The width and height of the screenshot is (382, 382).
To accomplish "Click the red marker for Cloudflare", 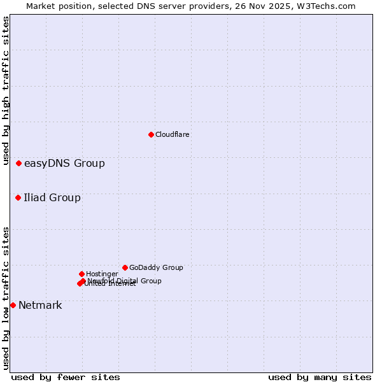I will coord(151,134).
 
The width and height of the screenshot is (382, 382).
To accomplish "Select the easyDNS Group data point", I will coord(18,164).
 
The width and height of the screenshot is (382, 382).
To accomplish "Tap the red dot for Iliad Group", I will coord(18,198).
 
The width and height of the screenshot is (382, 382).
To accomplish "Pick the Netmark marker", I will coord(13,306).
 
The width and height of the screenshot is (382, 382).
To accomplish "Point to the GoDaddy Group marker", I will coord(125,268).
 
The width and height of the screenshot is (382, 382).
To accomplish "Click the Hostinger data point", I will coord(81,274).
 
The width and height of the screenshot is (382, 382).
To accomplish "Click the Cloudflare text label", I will coord(173,134).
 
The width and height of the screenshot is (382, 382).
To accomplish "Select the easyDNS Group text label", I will coord(64,164).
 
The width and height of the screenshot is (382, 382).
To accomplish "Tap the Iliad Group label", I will coord(52,198).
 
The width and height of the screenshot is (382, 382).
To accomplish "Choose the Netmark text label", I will coord(40,306).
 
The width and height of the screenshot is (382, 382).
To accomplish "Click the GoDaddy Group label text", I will coord(156,268).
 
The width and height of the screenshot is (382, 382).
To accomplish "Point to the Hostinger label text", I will coord(102,274).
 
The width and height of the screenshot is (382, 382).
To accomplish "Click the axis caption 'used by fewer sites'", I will coord(66,377).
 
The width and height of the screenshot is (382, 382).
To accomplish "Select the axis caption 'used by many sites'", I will coord(320,377).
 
